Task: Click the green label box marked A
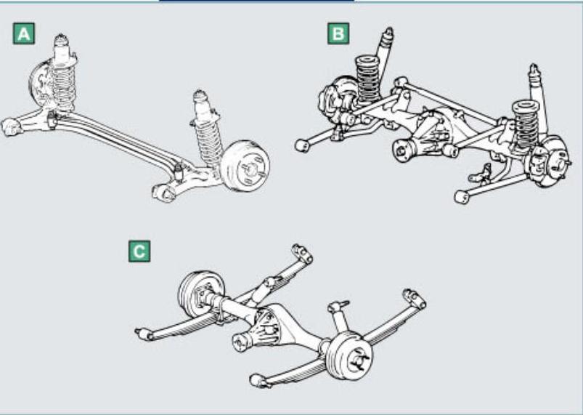point(24,33)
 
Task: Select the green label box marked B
point(338,33)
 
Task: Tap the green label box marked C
point(139,251)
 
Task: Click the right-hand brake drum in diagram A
point(245,166)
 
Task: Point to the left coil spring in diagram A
point(62,86)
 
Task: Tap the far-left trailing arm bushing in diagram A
point(10,127)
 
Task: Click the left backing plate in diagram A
point(39,84)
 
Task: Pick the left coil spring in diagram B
point(368,79)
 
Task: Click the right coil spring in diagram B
point(526,126)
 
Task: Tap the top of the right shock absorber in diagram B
point(534,71)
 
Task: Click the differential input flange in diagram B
point(401,151)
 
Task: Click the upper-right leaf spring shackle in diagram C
point(415,299)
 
